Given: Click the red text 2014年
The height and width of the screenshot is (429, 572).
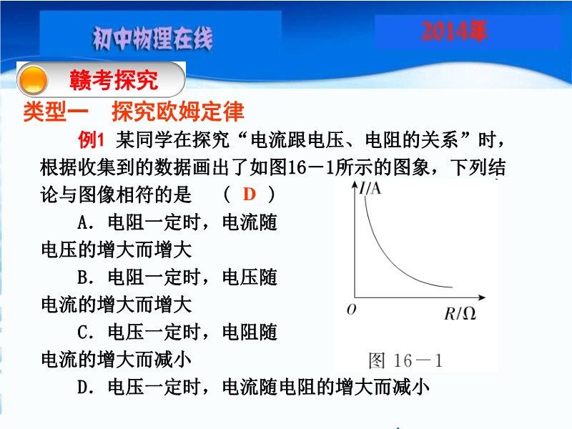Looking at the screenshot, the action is pyautogui.click(x=454, y=31).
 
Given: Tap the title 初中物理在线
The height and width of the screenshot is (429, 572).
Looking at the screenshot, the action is pyautogui.click(x=152, y=39).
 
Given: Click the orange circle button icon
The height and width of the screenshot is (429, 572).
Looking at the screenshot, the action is pyautogui.click(x=33, y=80).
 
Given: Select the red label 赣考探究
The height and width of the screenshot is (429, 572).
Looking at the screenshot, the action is pyautogui.click(x=114, y=80).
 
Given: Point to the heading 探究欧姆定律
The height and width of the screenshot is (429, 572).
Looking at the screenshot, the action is pyautogui.click(x=177, y=112).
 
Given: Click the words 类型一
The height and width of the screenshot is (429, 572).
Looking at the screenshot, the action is pyautogui.click(x=56, y=112).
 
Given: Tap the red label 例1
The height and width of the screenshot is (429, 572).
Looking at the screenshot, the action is pyautogui.click(x=92, y=139).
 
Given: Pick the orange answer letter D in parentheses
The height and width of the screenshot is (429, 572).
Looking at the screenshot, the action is pyautogui.click(x=249, y=194).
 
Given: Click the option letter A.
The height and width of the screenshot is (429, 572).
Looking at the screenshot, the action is pyautogui.click(x=82, y=222).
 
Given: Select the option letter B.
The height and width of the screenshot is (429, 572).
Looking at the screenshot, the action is pyautogui.click(x=82, y=277).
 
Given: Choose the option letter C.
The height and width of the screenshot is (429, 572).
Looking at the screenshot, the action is pyautogui.click(x=82, y=332).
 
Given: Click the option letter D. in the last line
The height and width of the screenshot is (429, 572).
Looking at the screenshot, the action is pyautogui.click(x=85, y=387).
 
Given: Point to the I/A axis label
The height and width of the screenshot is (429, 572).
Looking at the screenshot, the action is pyautogui.click(x=370, y=188).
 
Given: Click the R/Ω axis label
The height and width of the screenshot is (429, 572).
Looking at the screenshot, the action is pyautogui.click(x=460, y=313).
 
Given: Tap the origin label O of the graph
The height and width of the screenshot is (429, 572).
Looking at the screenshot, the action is pyautogui.click(x=351, y=310).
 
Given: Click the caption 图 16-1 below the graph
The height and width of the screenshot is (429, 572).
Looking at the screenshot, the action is pyautogui.click(x=405, y=361).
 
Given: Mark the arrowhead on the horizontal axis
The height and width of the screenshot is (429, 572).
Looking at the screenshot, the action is pyautogui.click(x=481, y=297).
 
